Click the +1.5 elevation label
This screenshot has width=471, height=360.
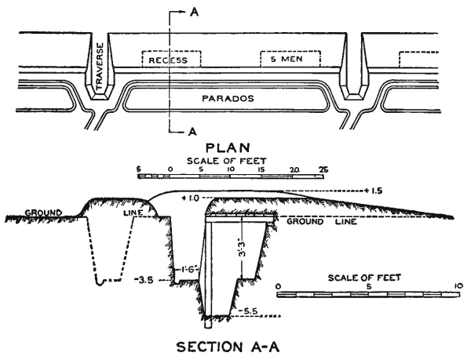(375, 190)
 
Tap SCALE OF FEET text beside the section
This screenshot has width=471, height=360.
(367, 277)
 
